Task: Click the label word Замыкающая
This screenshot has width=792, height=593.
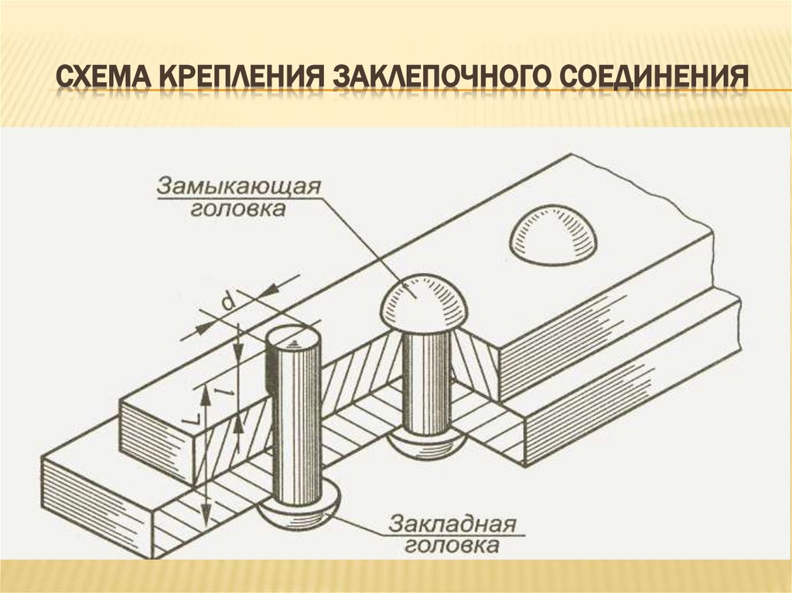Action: [x=239, y=186]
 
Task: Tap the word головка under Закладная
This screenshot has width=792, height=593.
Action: [x=452, y=547]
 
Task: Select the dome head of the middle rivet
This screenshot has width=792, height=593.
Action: [x=423, y=301]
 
